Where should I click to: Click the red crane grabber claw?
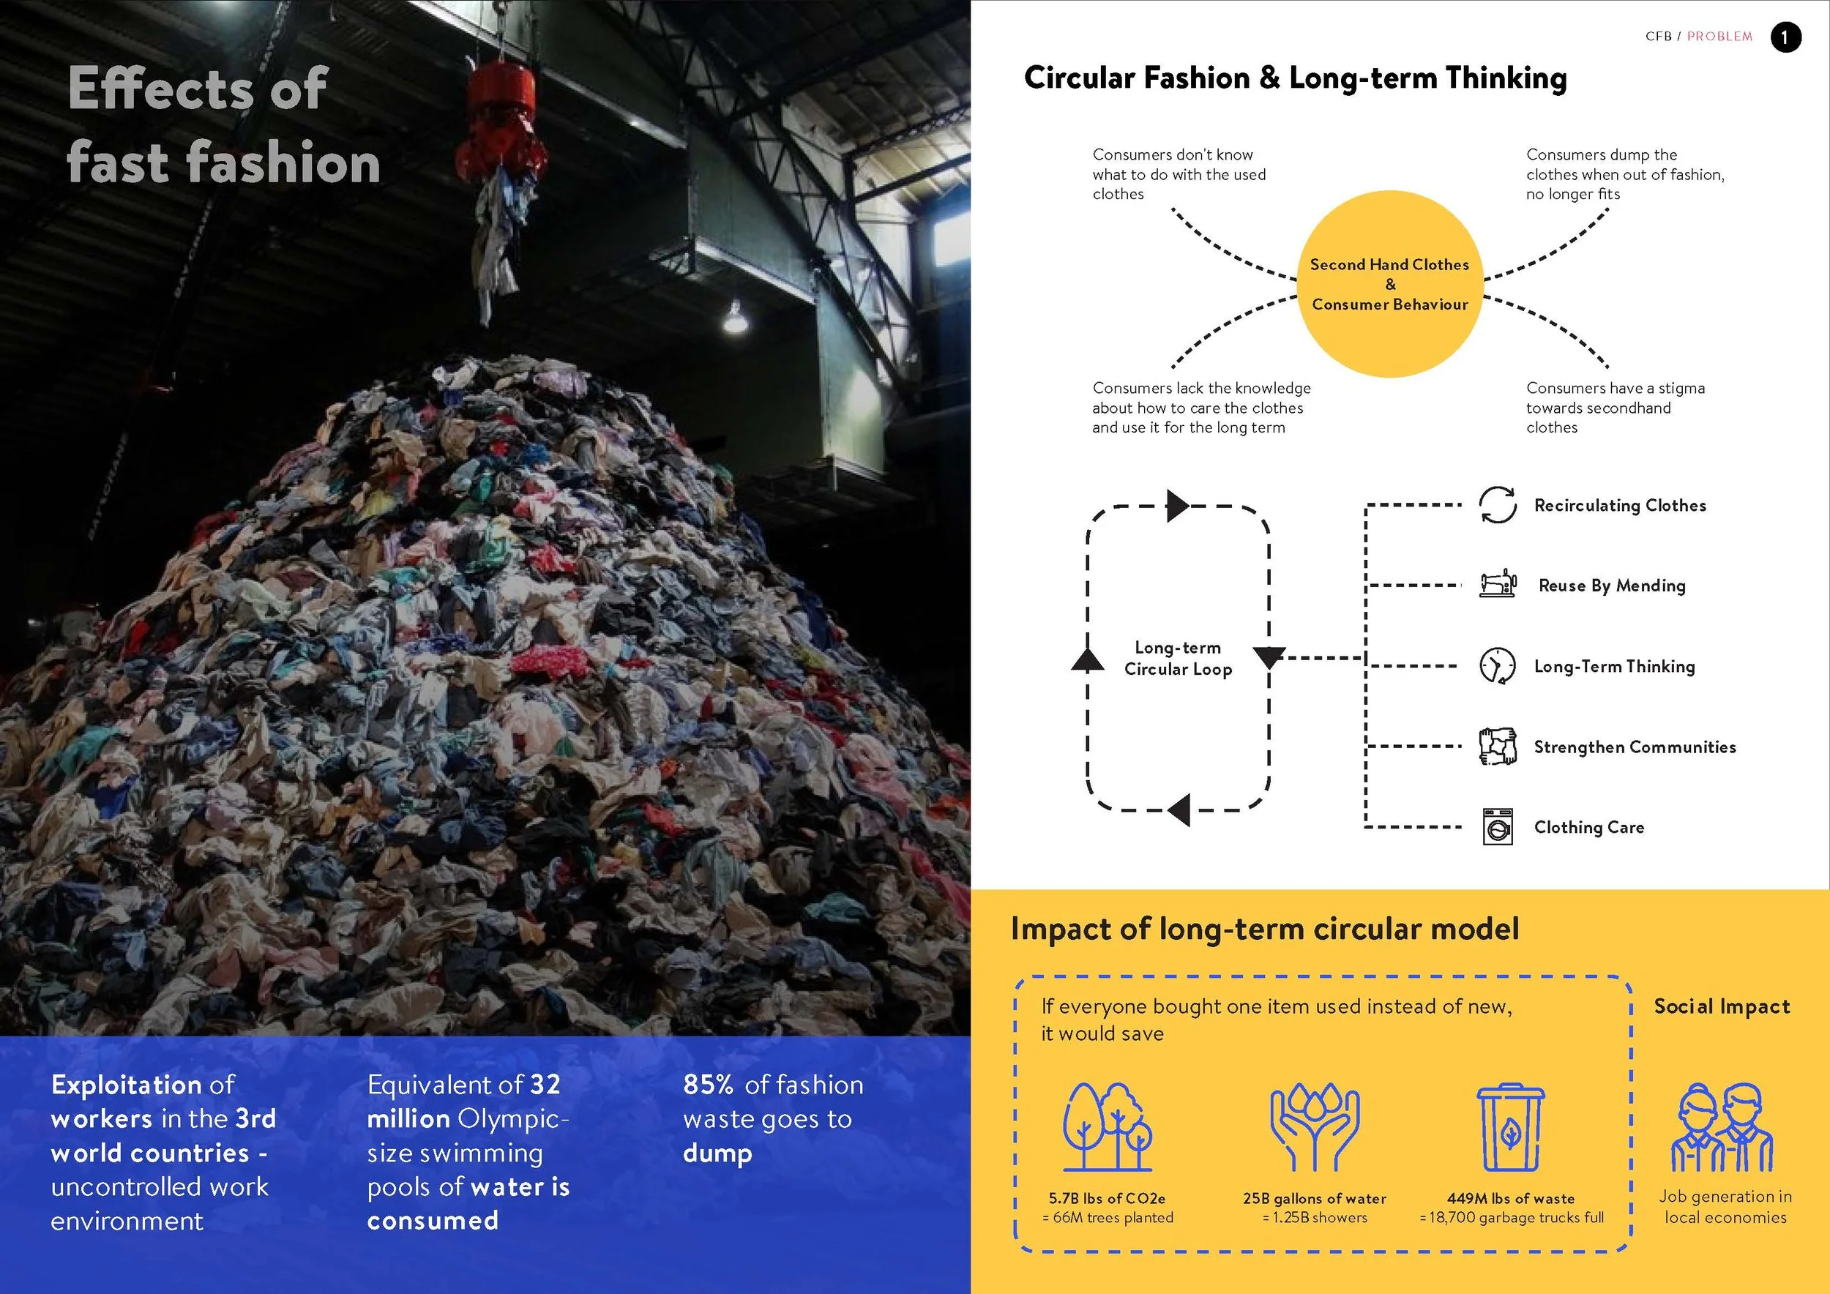pyautogui.click(x=501, y=119)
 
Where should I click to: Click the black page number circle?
pyautogui.click(x=1785, y=37)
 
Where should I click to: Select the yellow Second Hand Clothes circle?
pyautogui.click(x=1389, y=284)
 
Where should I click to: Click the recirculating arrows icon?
pyautogui.click(x=1497, y=505)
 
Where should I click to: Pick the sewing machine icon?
pyautogui.click(x=1497, y=584)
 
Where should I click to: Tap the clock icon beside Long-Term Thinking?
pyautogui.click(x=1497, y=666)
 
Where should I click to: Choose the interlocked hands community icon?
pyautogui.click(x=1497, y=747)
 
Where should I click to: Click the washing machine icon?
pyautogui.click(x=1497, y=827)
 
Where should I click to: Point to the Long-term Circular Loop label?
pyautogui.click(x=1178, y=658)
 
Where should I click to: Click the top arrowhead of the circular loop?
pyautogui.click(x=1177, y=506)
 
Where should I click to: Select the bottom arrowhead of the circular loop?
pyautogui.click(x=1179, y=810)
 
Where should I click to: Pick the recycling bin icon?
pyautogui.click(x=1510, y=1126)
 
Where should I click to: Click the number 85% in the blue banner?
pyautogui.click(x=708, y=1085)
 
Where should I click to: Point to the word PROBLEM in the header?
pyautogui.click(x=1719, y=37)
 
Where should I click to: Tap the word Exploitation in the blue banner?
pyautogui.click(x=126, y=1085)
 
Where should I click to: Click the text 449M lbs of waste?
pyautogui.click(x=1510, y=1198)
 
